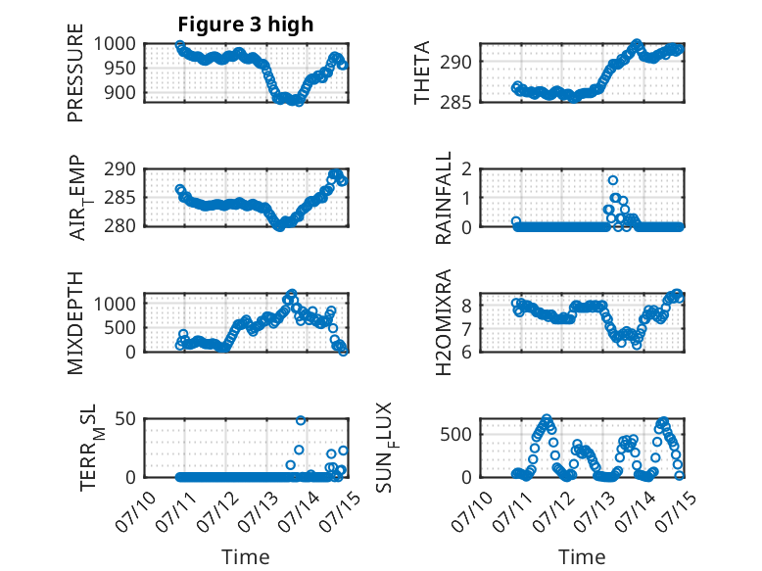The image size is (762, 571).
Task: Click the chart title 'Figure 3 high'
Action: click(245, 24)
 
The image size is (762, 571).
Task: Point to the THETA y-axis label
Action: click(422, 73)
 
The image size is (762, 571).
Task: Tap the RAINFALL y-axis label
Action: click(444, 197)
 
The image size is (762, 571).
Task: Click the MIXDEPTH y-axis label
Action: click(75, 322)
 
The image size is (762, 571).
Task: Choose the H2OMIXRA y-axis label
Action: click(444, 322)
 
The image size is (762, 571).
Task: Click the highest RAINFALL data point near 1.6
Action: click(613, 180)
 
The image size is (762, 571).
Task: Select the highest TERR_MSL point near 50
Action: click(301, 420)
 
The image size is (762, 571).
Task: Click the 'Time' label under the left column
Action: click(245, 557)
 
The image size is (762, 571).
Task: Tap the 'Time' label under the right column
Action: click(582, 557)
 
